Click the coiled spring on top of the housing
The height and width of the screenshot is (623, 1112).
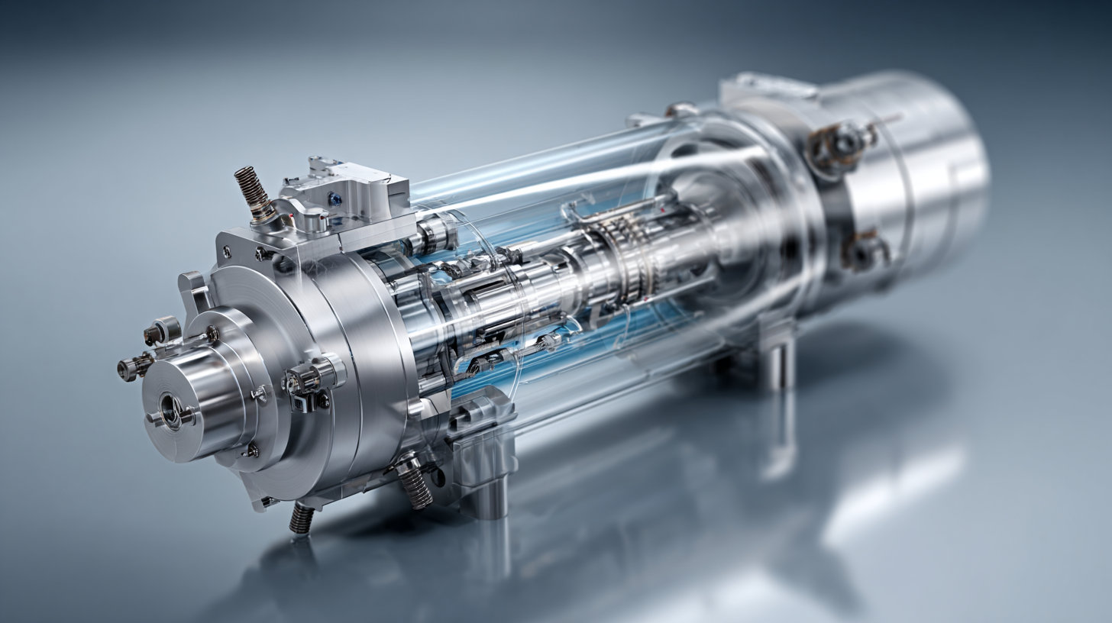click(x=253, y=192)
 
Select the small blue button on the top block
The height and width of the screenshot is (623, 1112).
click(x=334, y=199)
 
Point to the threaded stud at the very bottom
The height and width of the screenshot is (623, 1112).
click(x=301, y=518)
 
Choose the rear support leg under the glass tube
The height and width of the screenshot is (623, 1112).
click(x=778, y=365)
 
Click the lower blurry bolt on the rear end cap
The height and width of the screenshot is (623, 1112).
click(x=865, y=250)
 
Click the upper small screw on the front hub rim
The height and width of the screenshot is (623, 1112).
click(x=212, y=334)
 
